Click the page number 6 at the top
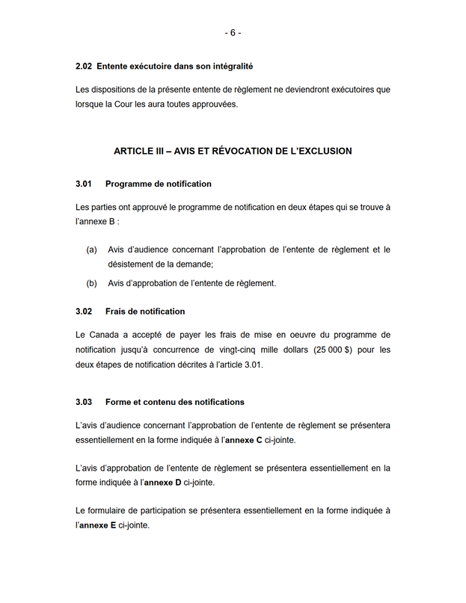233,33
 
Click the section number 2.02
84,67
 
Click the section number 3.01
84,184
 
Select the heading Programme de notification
159,184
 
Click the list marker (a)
91,250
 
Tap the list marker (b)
91,283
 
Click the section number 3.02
84,311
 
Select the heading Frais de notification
145,311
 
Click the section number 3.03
84,402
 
